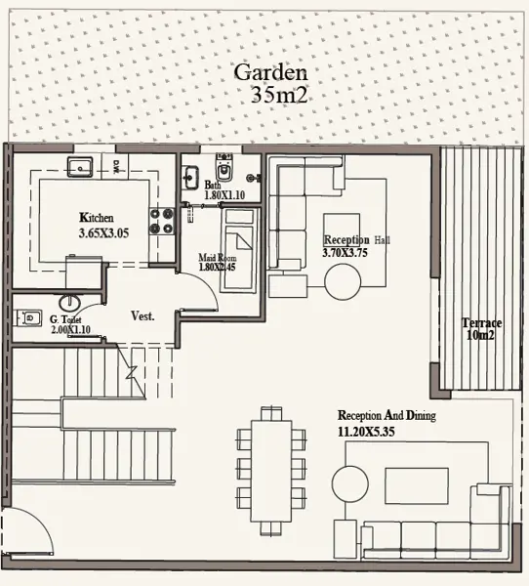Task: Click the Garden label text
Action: (x=271, y=72)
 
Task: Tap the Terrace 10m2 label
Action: (x=481, y=329)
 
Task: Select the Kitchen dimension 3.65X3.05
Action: (x=103, y=233)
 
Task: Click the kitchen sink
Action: (x=80, y=167)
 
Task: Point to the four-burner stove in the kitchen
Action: (x=162, y=221)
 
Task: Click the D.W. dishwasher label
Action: (x=116, y=164)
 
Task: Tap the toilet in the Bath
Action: (x=224, y=168)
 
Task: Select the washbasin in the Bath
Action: (x=190, y=178)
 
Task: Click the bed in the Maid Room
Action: (x=239, y=250)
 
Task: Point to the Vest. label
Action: (x=142, y=316)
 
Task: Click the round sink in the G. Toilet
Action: (x=69, y=303)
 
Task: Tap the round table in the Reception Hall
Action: (x=343, y=282)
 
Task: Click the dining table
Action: (x=271, y=471)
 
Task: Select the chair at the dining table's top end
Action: (x=271, y=413)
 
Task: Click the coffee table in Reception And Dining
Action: (x=417, y=485)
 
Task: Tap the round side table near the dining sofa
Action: (x=350, y=484)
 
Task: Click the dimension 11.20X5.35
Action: (x=366, y=432)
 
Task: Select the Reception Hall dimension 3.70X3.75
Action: (x=345, y=253)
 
